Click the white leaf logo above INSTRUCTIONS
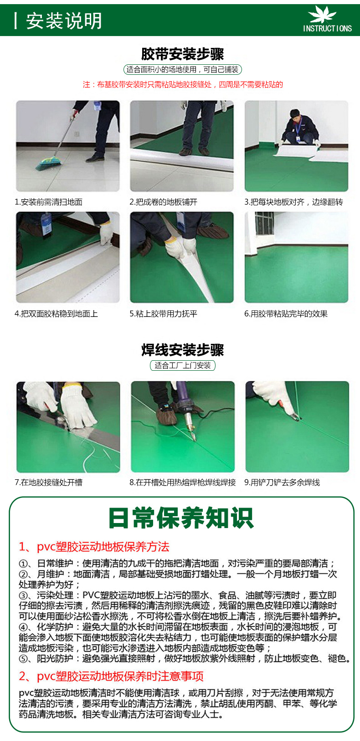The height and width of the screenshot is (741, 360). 322,15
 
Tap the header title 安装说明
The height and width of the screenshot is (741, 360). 64,21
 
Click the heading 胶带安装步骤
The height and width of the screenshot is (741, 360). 182,54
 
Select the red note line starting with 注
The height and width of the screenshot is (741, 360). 183,84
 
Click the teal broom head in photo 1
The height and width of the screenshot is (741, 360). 48,163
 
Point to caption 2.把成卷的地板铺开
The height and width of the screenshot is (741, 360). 163,202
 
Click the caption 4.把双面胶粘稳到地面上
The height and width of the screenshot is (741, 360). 56,314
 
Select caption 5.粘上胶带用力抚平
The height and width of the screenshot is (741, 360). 163,314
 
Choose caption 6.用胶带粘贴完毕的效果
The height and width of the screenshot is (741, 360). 286,314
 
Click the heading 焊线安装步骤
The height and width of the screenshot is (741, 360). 182,350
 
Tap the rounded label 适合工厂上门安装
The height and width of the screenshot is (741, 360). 183,366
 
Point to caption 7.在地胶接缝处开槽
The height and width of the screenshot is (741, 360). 49,482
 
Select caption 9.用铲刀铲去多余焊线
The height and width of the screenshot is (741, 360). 282,482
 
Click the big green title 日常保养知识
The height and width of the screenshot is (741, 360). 181,518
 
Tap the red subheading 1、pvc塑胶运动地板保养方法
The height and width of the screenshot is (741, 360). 94,547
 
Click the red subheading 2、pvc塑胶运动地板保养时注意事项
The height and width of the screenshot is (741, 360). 111,677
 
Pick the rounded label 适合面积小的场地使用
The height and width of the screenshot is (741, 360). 182,69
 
